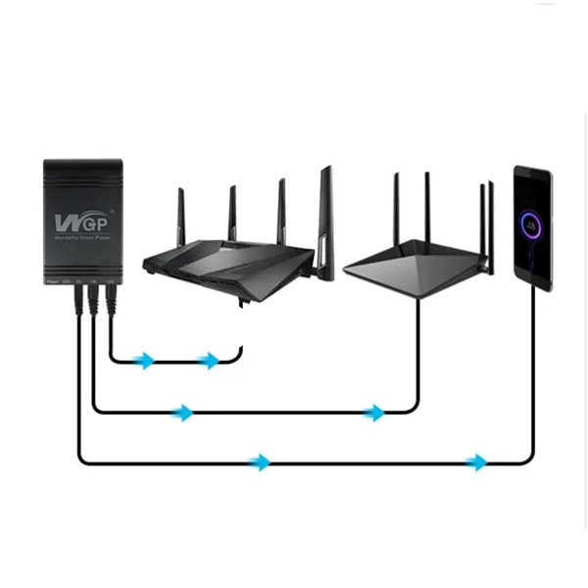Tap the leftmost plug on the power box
pos(77,299)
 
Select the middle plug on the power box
pos(94,300)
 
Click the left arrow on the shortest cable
pos(145,361)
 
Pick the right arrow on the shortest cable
pos(209,361)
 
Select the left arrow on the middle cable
pos(182,413)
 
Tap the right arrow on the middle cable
pos(374,413)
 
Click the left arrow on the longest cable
pos(260,462)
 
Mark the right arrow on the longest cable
pos(476,462)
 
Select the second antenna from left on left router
pos(232,211)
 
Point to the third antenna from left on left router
pos(282,209)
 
